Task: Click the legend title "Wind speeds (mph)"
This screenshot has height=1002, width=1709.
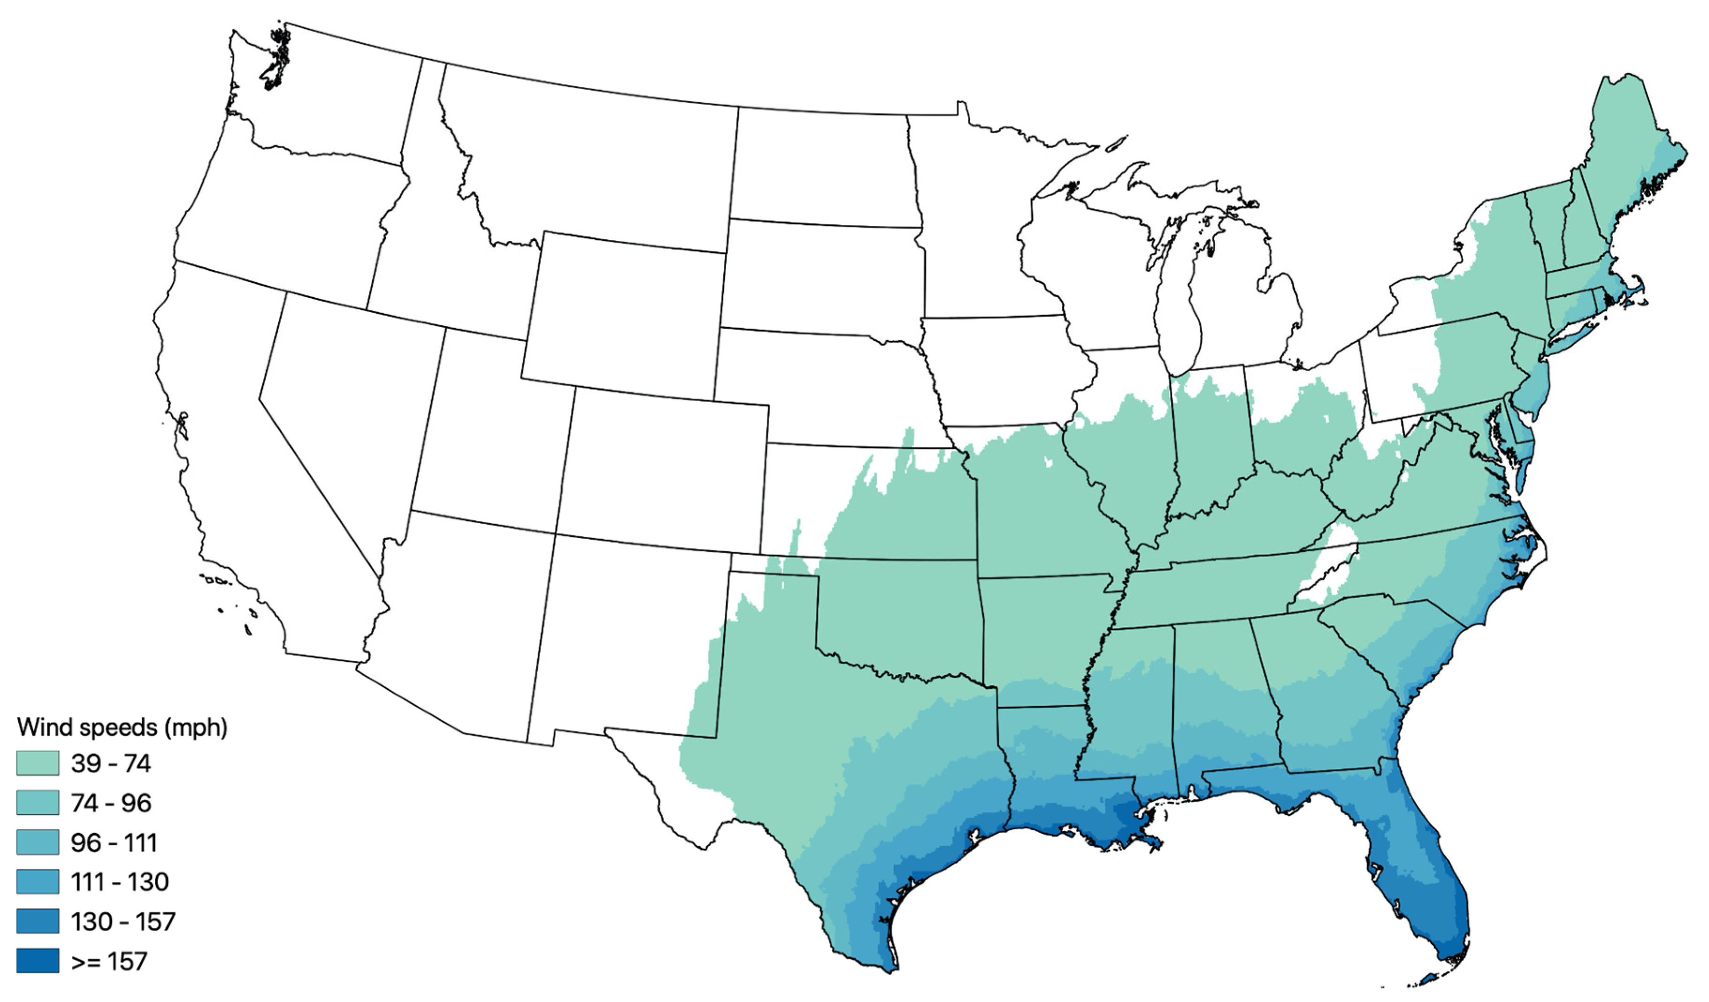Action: (x=122, y=727)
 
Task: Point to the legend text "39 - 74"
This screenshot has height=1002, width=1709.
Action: (x=111, y=764)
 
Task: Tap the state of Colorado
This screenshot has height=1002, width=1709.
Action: (x=661, y=468)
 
